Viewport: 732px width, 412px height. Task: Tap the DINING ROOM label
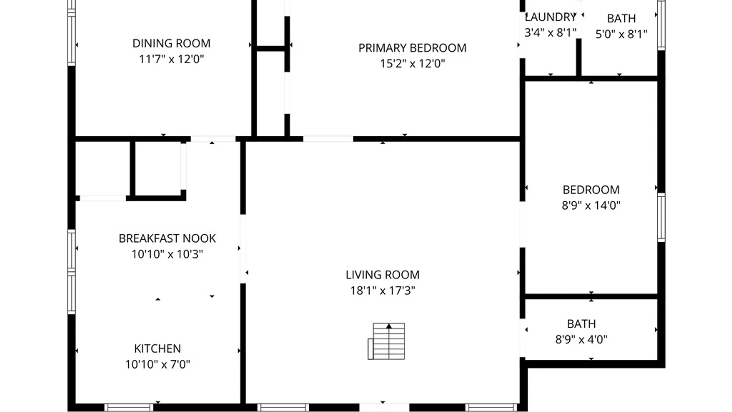coord(171,43)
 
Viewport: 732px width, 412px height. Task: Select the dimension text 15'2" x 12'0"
coord(412,63)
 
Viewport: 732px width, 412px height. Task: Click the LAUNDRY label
coord(550,17)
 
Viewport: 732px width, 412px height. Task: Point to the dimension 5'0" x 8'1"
coord(621,34)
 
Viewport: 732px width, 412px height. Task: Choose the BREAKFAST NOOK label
coord(167,238)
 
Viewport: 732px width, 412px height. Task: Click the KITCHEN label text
coord(157,349)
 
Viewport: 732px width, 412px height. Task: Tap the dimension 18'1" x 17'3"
coord(382,291)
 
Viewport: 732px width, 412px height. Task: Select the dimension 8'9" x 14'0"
coord(591,206)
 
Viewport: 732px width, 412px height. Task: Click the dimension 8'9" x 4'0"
coord(581,340)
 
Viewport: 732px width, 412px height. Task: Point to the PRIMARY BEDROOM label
coord(412,48)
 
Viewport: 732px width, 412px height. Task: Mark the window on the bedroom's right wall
coord(661,217)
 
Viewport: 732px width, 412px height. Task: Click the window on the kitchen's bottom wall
coord(129,407)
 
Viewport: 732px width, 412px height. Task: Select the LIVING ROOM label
coord(382,275)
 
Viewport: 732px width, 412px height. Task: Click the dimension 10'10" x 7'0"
coord(157,364)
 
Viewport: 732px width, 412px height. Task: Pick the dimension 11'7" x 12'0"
coord(171,59)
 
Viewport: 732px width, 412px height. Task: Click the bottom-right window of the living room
coord(491,407)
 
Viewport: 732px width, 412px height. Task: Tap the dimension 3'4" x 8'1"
coord(550,33)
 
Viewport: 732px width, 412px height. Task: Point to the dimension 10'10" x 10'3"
coord(167,254)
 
